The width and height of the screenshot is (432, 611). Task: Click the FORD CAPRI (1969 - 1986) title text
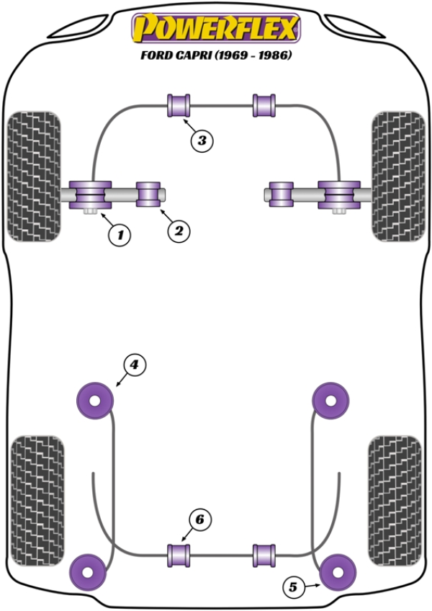pyautogui.click(x=215, y=55)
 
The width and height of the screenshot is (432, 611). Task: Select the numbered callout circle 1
pyautogui.click(x=120, y=234)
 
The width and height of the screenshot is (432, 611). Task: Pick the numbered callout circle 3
pyautogui.click(x=202, y=141)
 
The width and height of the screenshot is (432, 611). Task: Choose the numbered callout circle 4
pyautogui.click(x=133, y=366)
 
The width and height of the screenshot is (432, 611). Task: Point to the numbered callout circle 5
pyautogui.click(x=292, y=588)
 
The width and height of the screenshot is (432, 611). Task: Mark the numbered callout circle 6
pyautogui.click(x=202, y=519)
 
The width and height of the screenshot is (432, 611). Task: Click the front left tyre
pyautogui.click(x=33, y=175)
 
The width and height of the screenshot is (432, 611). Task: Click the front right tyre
pyautogui.click(x=398, y=175)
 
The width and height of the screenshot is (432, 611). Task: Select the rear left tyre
pyautogui.click(x=38, y=490)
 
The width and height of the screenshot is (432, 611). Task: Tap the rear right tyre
pyautogui.click(x=395, y=490)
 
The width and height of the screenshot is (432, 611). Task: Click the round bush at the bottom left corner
pyautogui.click(x=90, y=571)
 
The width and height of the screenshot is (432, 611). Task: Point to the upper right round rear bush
pyautogui.click(x=331, y=398)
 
